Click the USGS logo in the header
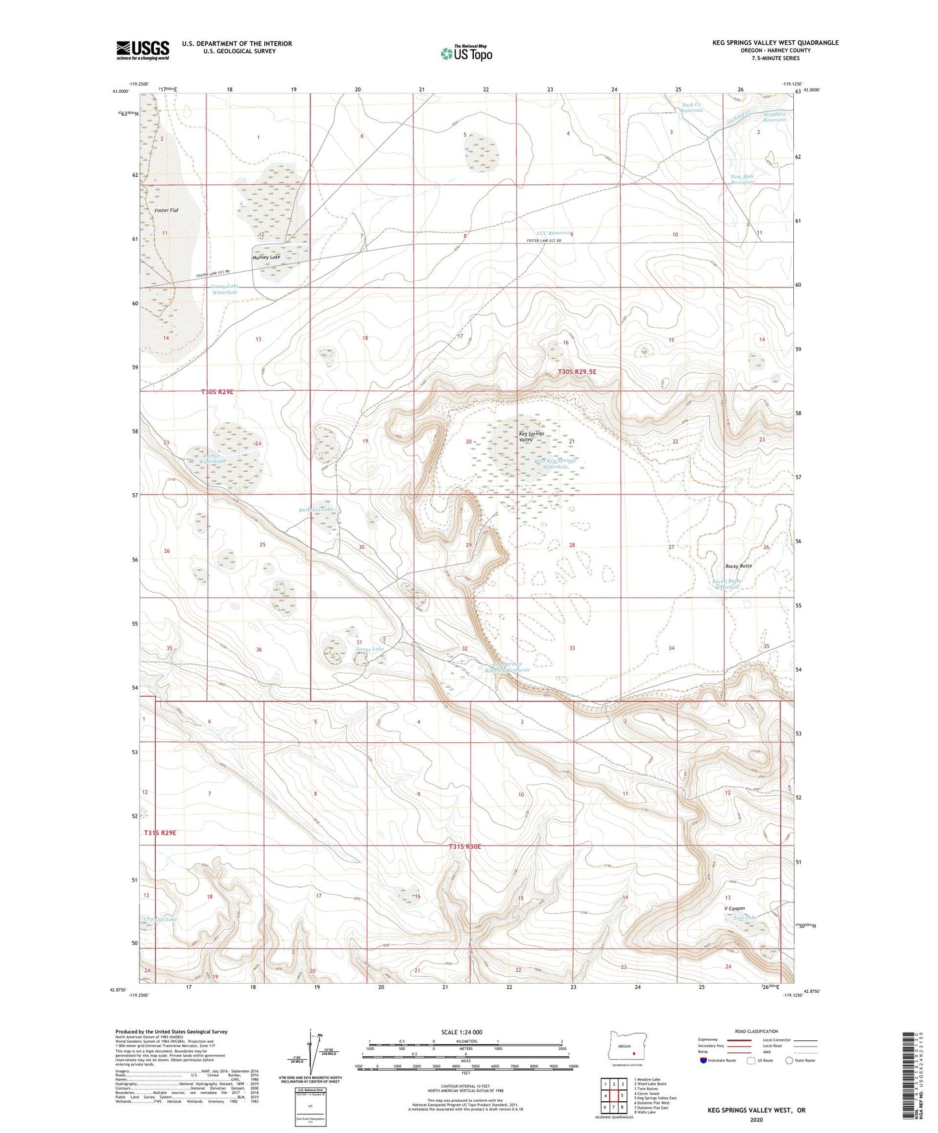click(143, 50)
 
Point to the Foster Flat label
click(166, 210)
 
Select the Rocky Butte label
click(737, 566)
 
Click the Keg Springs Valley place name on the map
click(531, 437)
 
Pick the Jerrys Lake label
click(369, 649)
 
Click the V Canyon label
click(735, 908)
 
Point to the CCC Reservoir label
click(552, 232)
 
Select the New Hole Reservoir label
click(741, 180)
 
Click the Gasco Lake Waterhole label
click(225, 289)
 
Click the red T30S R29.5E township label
click(577, 372)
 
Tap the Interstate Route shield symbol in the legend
click(704, 1061)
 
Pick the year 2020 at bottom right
click(756, 1119)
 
